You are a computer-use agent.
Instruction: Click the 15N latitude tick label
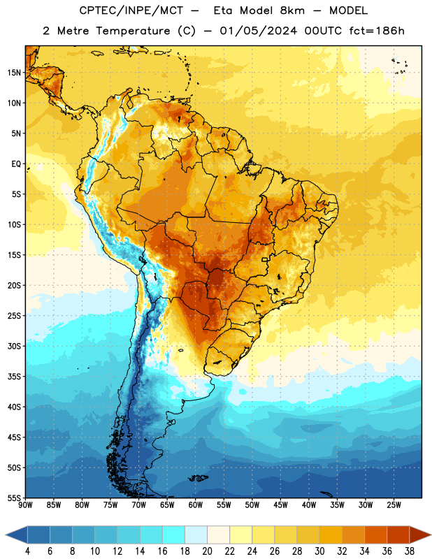14,73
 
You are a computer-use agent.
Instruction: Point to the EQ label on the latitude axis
16,164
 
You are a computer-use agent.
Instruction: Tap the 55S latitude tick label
14,498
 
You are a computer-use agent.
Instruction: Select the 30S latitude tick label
14,346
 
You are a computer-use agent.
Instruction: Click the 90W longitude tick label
25,504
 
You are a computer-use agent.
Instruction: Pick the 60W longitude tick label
196,504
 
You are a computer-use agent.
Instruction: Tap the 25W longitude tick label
394,504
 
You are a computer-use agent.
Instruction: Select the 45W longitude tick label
280,504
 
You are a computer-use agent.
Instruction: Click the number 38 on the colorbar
409,551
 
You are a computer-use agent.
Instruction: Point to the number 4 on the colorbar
27,551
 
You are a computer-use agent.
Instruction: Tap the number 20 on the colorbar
207,551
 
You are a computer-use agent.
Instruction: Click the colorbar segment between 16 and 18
174,535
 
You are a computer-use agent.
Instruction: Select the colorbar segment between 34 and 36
375,535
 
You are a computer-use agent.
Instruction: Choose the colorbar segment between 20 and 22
218,535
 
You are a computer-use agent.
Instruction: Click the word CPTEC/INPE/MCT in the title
131,10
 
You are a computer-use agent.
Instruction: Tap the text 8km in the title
292,10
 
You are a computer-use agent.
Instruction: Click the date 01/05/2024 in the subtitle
258,31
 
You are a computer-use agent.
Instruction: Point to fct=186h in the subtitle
377,31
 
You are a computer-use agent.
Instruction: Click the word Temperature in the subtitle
133,31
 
